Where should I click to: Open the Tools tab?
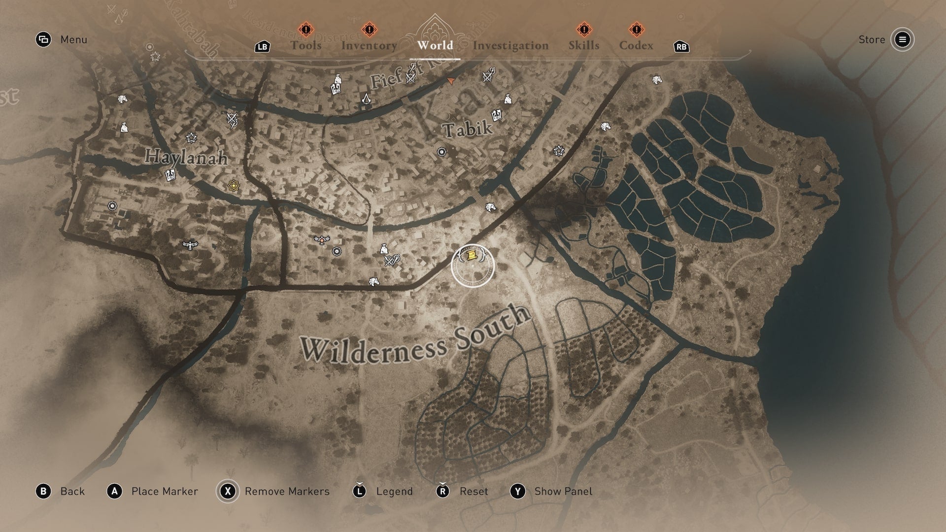tap(305, 45)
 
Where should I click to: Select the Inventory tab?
tap(369, 45)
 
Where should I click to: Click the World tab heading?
tap(435, 45)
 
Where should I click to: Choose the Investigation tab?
tap(510, 45)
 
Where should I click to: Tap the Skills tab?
tap(584, 45)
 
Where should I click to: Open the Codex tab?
tap(636, 45)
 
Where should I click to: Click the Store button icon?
tap(902, 39)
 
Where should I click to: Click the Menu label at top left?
tap(73, 39)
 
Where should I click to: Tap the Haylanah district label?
tap(186, 157)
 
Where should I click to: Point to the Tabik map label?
tap(467, 129)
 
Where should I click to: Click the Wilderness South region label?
tap(415, 336)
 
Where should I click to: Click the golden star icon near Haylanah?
tap(234, 186)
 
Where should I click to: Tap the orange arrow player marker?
tap(450, 80)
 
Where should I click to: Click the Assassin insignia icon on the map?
tap(366, 99)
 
